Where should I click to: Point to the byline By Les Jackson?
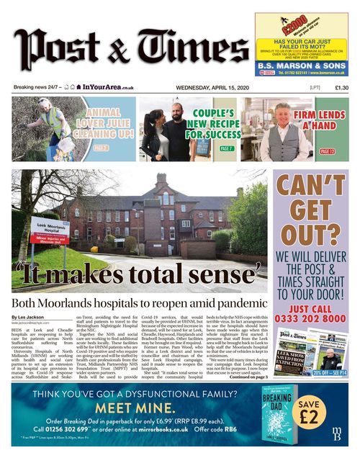(x=31, y=317)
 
